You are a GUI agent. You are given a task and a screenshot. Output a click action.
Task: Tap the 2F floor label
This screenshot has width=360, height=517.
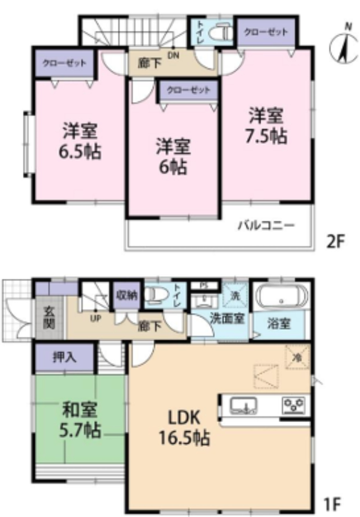[335, 241]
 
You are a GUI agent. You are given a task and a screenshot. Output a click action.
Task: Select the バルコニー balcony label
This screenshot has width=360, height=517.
[266, 225]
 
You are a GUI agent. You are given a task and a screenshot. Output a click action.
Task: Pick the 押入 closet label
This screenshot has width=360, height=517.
[64, 357]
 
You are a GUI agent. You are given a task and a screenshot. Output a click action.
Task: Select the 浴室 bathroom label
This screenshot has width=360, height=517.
[279, 324]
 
